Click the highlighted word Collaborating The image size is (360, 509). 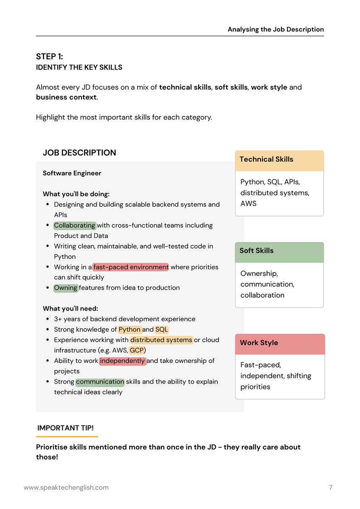pos(75,225)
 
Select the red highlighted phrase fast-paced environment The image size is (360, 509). pos(131,267)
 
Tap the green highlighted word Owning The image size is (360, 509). pos(66,288)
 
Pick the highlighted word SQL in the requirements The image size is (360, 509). pos(162,329)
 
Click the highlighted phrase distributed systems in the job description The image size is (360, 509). pos(161,340)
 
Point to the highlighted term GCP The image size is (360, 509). pos(137,350)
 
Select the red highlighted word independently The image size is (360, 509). pos(122,361)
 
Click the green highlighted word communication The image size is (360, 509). pos(100,381)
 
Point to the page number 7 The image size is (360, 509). pos(331,487)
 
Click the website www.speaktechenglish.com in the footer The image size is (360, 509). pos(66,487)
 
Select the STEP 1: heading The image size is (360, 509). pos(49,57)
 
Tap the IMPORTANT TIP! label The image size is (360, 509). pos(65,428)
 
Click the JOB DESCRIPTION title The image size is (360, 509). pos(79,153)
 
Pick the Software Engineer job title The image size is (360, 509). pos(72,173)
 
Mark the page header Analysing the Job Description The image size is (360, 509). pos(276,29)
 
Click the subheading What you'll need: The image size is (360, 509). pos(70,308)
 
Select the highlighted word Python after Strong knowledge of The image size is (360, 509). pos(129,329)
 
